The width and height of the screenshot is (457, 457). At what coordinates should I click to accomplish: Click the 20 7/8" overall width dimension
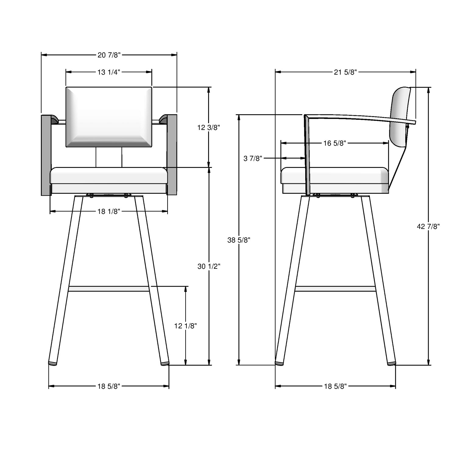[x=109, y=55]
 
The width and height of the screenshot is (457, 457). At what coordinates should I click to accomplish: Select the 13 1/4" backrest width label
[x=109, y=72]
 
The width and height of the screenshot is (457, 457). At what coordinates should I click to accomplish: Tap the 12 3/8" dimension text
[x=209, y=128]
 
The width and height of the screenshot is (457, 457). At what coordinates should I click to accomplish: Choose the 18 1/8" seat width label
[x=109, y=211]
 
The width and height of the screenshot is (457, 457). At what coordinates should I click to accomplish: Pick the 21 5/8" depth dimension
[x=345, y=72]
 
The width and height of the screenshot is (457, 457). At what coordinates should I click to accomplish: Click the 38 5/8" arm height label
[x=239, y=240]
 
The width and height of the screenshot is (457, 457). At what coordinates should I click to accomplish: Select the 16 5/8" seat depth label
[x=335, y=143]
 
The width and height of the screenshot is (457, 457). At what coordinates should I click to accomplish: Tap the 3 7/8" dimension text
[x=253, y=158]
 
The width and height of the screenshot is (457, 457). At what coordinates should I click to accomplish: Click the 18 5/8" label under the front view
[x=109, y=386]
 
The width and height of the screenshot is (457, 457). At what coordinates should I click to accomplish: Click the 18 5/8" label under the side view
[x=335, y=386]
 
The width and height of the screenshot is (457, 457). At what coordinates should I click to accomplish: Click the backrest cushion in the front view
[x=109, y=117]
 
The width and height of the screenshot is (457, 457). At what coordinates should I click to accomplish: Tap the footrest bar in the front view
[x=109, y=289]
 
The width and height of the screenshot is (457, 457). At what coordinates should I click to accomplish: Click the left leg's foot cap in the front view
[x=53, y=363]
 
